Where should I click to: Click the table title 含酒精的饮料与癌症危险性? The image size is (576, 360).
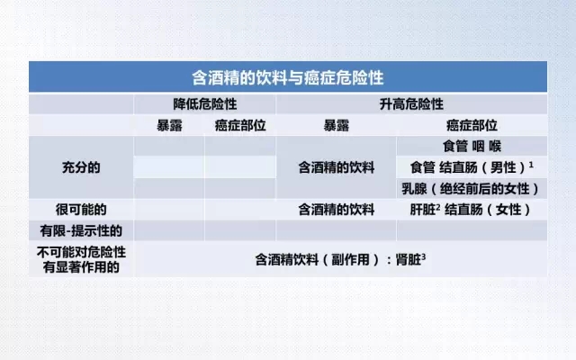[288, 78]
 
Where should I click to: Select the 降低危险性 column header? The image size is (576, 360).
[205, 104]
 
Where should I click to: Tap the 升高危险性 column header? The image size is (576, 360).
[411, 104]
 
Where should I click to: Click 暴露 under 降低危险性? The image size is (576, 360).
[169, 126]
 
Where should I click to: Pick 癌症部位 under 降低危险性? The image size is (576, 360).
[240, 126]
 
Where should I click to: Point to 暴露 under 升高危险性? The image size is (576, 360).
[336, 126]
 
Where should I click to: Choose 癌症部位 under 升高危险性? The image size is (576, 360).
[472, 126]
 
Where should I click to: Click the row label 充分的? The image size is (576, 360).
[81, 167]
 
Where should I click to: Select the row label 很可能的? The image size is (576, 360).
[81, 210]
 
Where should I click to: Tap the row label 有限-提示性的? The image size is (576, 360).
[81, 230]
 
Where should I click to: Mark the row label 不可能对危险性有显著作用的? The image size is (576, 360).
[81, 259]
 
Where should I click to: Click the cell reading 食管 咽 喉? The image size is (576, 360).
[472, 147]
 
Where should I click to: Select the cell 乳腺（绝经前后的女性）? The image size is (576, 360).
[472, 189]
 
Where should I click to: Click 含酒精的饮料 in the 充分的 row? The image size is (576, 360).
[336, 168]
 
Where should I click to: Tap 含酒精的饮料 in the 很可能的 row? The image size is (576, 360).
[336, 210]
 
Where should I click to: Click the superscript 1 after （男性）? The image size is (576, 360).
[531, 165]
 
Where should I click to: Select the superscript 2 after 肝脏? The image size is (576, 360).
[438, 207]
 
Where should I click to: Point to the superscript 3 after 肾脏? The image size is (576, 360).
[424, 256]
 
